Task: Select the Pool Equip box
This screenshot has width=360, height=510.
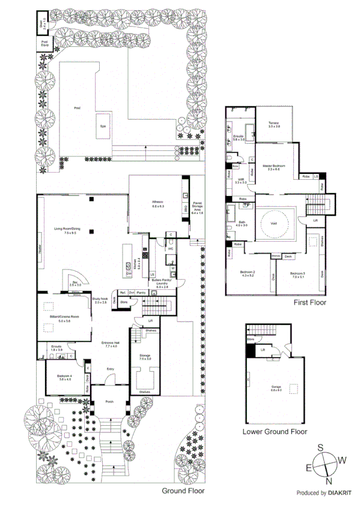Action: pyautogui.click(x=44, y=43)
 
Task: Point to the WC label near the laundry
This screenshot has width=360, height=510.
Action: pyautogui.click(x=171, y=248)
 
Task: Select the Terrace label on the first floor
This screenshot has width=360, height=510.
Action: pyautogui.click(x=274, y=124)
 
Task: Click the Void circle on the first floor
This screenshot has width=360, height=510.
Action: pyautogui.click(x=274, y=224)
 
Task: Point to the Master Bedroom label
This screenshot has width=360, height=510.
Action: pyautogui.click(x=273, y=167)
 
